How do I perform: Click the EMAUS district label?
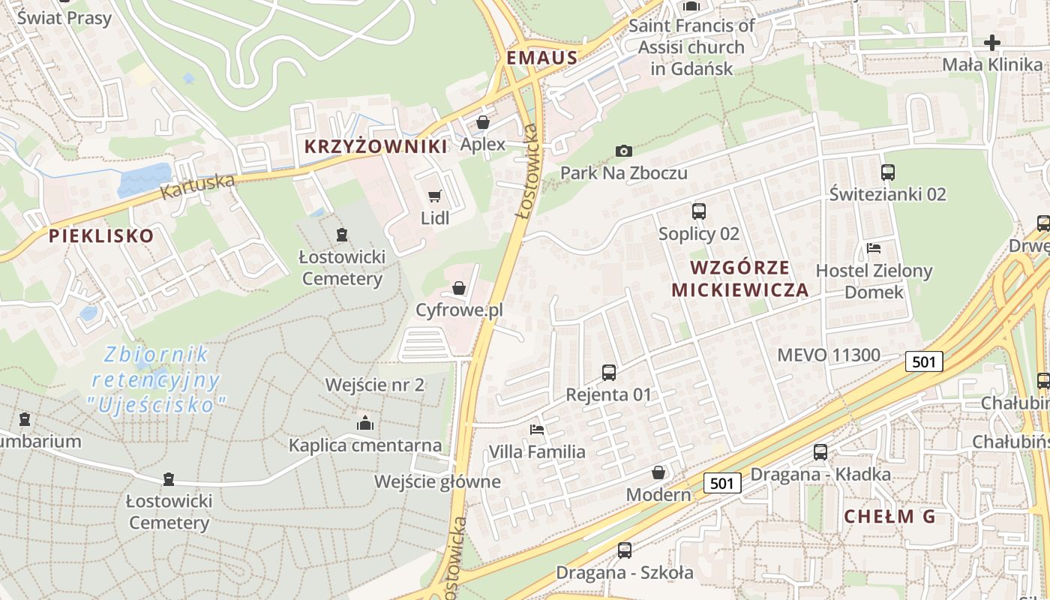541,58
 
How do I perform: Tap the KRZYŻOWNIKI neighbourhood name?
376,146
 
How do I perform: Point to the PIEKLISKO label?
101,236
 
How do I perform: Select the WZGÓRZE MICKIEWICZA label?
739,279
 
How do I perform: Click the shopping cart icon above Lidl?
434,196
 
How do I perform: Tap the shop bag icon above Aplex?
483,121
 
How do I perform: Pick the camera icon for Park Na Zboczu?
623,151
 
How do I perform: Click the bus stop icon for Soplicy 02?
698,211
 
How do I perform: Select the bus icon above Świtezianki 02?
888,172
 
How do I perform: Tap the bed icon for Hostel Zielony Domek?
873,248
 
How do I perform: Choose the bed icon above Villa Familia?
537,430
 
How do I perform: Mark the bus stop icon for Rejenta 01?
609,372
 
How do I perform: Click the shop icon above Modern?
658,472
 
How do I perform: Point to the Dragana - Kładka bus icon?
820,452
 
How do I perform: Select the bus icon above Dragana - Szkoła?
624,550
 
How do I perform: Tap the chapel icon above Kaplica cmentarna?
365,423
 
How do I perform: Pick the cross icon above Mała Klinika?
992,43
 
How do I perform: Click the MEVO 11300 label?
829,355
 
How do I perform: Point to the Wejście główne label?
438,481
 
